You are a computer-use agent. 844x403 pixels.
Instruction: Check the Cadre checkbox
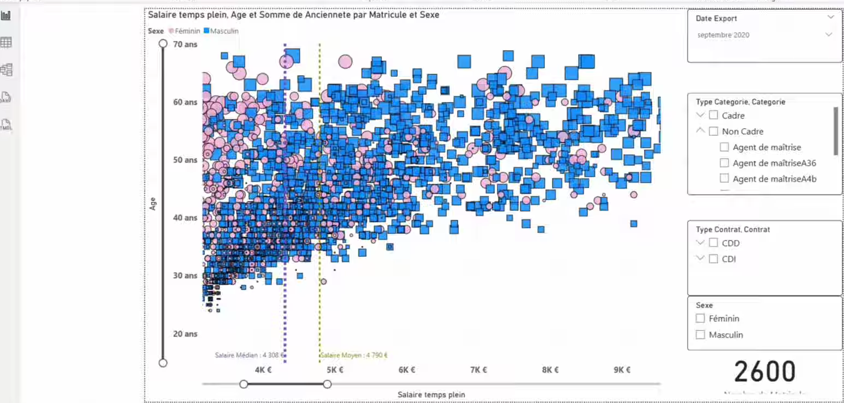713,115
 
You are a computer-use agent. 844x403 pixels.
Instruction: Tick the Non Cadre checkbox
713,131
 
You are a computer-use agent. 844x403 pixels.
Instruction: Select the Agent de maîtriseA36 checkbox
724,163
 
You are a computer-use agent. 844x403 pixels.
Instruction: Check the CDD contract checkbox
713,243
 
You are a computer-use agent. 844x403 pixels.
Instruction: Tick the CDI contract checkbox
713,259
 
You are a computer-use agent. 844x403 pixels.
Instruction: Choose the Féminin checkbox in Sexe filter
700,318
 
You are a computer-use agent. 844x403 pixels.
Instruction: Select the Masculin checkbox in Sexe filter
700,335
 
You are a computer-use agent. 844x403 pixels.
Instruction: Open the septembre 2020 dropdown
828,35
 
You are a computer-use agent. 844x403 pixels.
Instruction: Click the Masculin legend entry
222,31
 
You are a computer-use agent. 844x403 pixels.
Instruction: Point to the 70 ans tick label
185,44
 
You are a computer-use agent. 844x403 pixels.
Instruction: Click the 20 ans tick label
185,334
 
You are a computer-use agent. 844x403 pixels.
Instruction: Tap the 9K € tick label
622,370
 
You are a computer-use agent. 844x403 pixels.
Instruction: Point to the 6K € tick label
406,370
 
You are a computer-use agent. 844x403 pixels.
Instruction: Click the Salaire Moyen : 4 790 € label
354,356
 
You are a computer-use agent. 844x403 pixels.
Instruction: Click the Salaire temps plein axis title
431,394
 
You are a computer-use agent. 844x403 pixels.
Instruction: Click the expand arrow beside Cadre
700,115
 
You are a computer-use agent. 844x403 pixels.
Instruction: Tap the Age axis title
153,203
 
